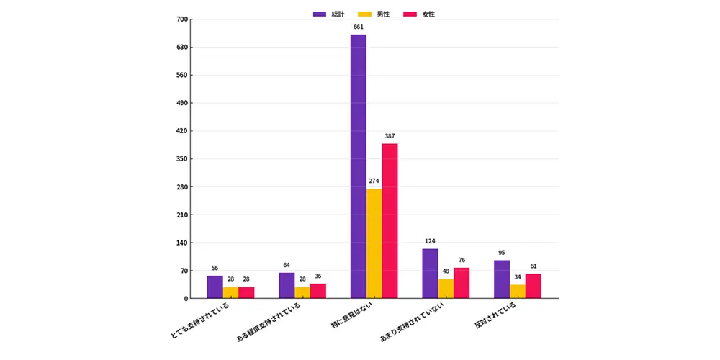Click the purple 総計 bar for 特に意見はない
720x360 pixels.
tap(358, 166)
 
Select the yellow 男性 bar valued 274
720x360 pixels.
tap(374, 244)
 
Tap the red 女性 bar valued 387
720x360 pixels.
tap(390, 221)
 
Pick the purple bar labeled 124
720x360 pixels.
tap(431, 274)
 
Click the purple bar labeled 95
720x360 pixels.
tap(502, 279)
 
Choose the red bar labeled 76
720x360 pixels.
tap(462, 283)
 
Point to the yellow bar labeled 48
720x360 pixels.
tap(446, 289)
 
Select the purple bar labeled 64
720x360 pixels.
tap(287, 286)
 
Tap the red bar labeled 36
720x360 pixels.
tap(318, 291)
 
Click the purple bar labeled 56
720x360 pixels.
tap(215, 287)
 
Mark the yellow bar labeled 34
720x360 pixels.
tap(518, 292)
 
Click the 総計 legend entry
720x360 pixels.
tap(329, 14)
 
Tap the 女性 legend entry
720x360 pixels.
tap(419, 14)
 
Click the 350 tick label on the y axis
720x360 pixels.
tap(182, 159)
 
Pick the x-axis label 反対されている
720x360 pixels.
tap(496, 317)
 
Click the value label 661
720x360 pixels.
tap(359, 27)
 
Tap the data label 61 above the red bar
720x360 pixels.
tap(533, 266)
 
